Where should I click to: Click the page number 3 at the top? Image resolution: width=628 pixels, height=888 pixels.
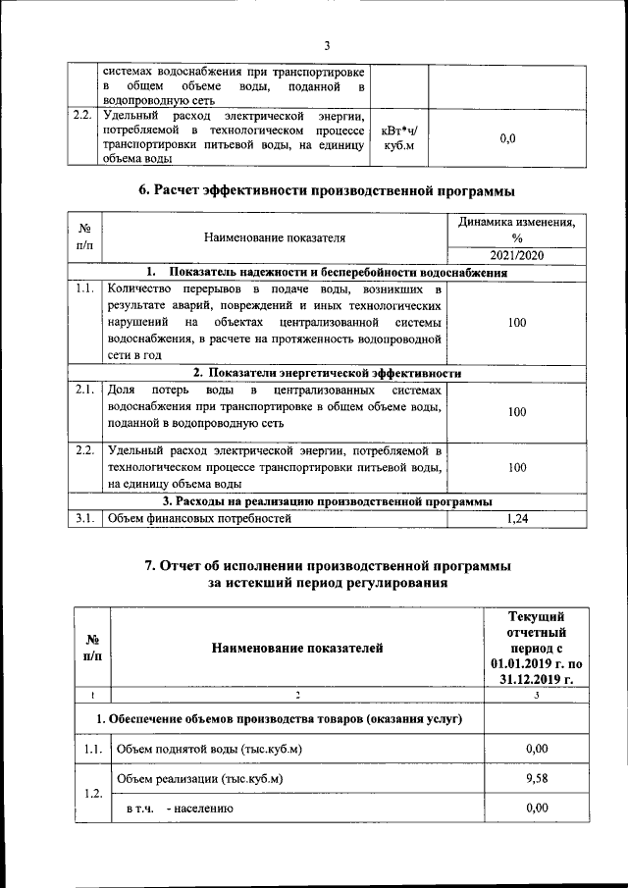[x=327, y=45]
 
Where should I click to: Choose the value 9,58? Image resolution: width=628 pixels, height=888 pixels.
[x=536, y=779]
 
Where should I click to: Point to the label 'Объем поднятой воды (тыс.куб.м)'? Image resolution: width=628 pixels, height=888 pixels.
[x=209, y=750]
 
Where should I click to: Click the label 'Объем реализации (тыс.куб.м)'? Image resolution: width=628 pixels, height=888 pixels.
[x=200, y=779]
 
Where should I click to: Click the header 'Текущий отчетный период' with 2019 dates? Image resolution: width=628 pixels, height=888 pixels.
[x=536, y=647]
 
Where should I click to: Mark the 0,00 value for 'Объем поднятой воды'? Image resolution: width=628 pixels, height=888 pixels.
[x=536, y=750]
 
